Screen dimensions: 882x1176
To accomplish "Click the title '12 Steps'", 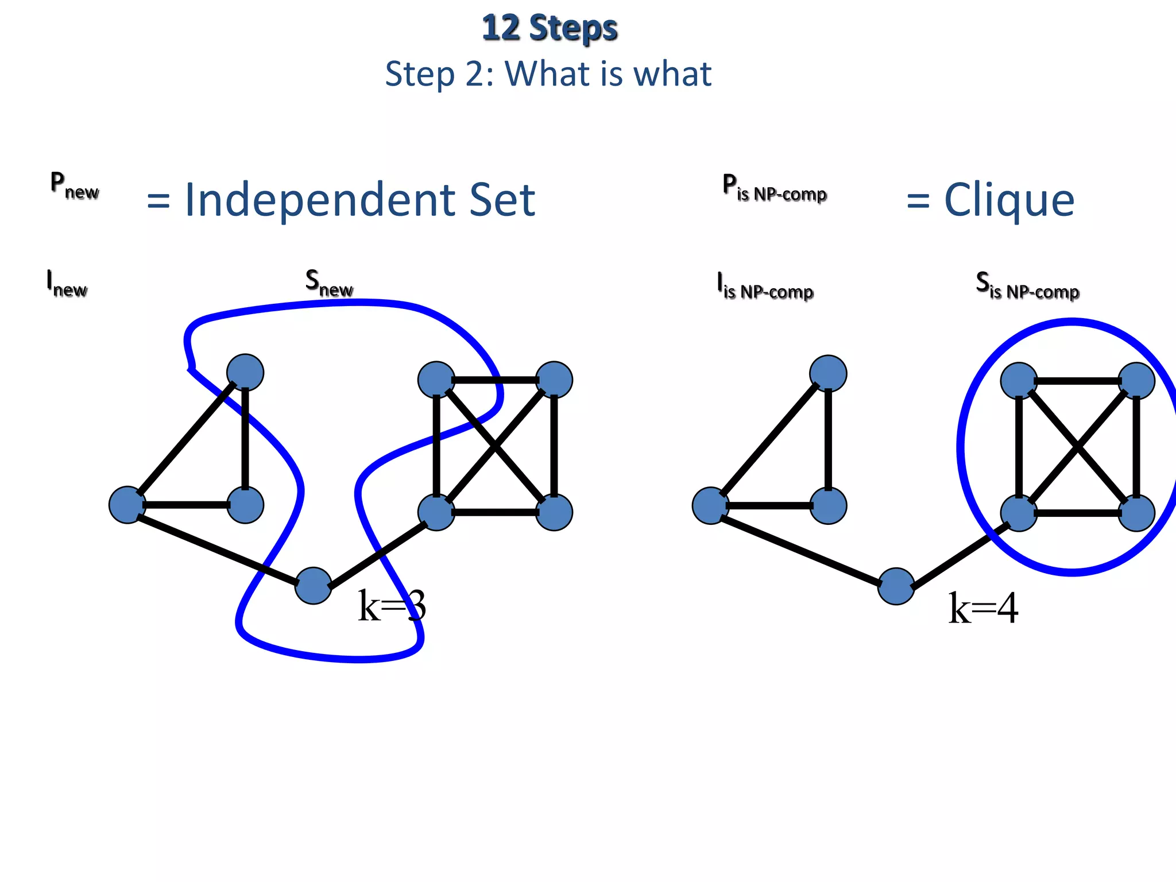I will tap(550, 28).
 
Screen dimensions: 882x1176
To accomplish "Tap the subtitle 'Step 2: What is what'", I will tap(548, 74).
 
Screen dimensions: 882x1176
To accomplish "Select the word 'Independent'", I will tap(319, 200).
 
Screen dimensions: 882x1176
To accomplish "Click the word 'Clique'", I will tap(1009, 200).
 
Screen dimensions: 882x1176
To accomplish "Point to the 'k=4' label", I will tap(983, 608).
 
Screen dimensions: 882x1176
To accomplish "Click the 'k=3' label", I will tap(392, 606).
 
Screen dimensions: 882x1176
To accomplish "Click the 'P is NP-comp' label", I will tap(774, 188).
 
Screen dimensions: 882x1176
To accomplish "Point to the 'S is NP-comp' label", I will tap(1027, 286).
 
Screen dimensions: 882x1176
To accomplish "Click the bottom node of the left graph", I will tap(313, 586).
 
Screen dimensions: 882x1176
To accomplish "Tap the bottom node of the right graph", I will tap(896, 586).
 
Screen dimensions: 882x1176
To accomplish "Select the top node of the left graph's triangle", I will tap(245, 373).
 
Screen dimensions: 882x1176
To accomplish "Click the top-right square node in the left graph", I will tap(554, 380).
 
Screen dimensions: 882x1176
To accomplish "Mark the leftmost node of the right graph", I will tap(710, 505).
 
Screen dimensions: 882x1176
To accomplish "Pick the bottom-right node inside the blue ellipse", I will tap(1136, 513).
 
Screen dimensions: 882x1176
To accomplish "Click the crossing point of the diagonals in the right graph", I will tap(1078, 447).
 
